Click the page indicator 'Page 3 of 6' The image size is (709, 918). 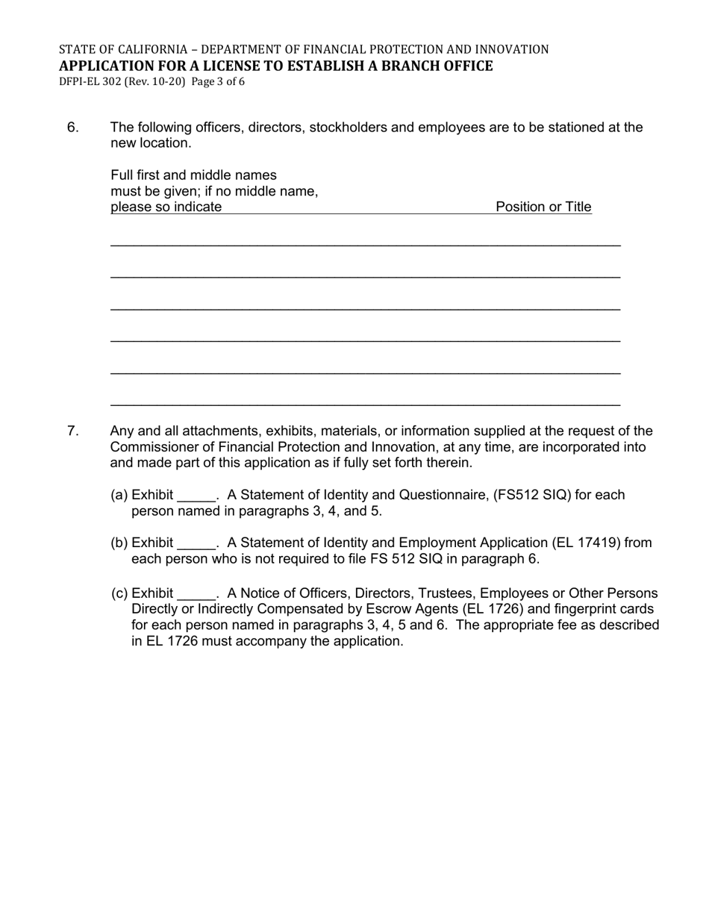pyautogui.click(x=218, y=81)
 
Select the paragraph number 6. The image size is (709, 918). pyautogui.click(x=73, y=128)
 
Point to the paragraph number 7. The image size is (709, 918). pyautogui.click(x=73, y=431)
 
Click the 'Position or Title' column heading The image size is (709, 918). pyautogui.click(x=543, y=207)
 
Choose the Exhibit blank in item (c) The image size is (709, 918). pyautogui.click(x=196, y=595)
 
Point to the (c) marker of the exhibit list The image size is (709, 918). pyautogui.click(x=119, y=593)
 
